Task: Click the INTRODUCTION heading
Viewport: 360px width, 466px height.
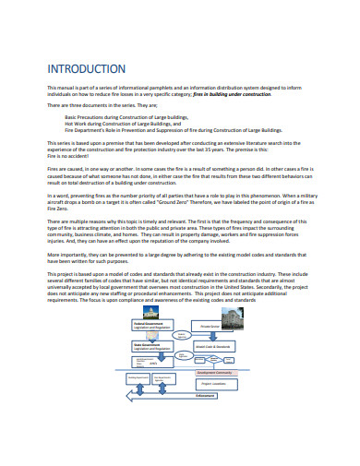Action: (86, 68)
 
